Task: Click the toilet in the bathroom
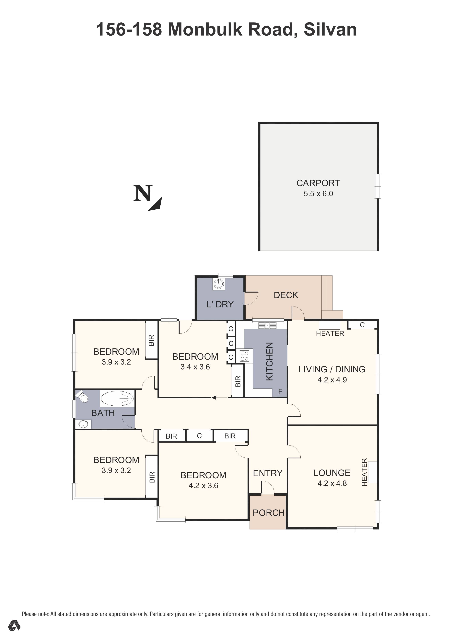pyautogui.click(x=82, y=396)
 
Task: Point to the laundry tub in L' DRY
pyautogui.click(x=219, y=284)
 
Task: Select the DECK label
pyautogui.click(x=286, y=295)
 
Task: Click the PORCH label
pyautogui.click(x=268, y=513)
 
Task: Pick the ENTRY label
pyautogui.click(x=268, y=473)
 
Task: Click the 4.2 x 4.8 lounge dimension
pyautogui.click(x=332, y=483)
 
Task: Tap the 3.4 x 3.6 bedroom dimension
pyautogui.click(x=195, y=367)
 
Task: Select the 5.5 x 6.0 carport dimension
pyautogui.click(x=318, y=194)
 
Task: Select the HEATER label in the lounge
pyautogui.click(x=364, y=472)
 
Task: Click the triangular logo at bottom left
pyautogui.click(x=14, y=625)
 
